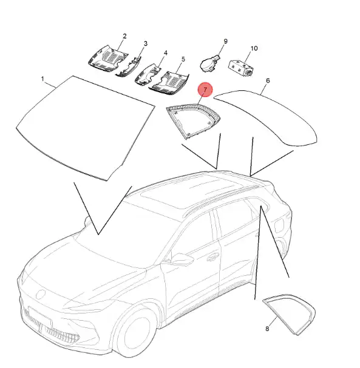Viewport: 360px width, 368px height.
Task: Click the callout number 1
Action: click(x=42, y=79)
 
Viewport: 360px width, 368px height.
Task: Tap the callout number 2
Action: click(x=124, y=36)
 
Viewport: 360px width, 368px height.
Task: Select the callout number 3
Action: click(x=146, y=44)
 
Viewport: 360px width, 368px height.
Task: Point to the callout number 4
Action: click(x=166, y=53)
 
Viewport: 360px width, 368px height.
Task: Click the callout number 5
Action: click(x=183, y=59)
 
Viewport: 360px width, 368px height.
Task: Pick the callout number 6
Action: click(x=268, y=81)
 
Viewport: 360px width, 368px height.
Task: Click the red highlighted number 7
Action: click(x=205, y=89)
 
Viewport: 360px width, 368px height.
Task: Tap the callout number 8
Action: click(x=267, y=329)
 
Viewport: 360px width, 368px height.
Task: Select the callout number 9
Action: click(x=226, y=41)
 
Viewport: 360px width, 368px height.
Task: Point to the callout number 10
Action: click(x=254, y=49)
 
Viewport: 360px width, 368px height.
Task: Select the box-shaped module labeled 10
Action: click(x=240, y=68)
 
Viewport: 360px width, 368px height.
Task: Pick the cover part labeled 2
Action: click(x=107, y=59)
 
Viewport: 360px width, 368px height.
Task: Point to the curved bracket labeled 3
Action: click(x=129, y=67)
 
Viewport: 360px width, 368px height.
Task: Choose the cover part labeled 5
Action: click(x=169, y=83)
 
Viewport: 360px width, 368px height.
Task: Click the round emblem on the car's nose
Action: click(x=41, y=294)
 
